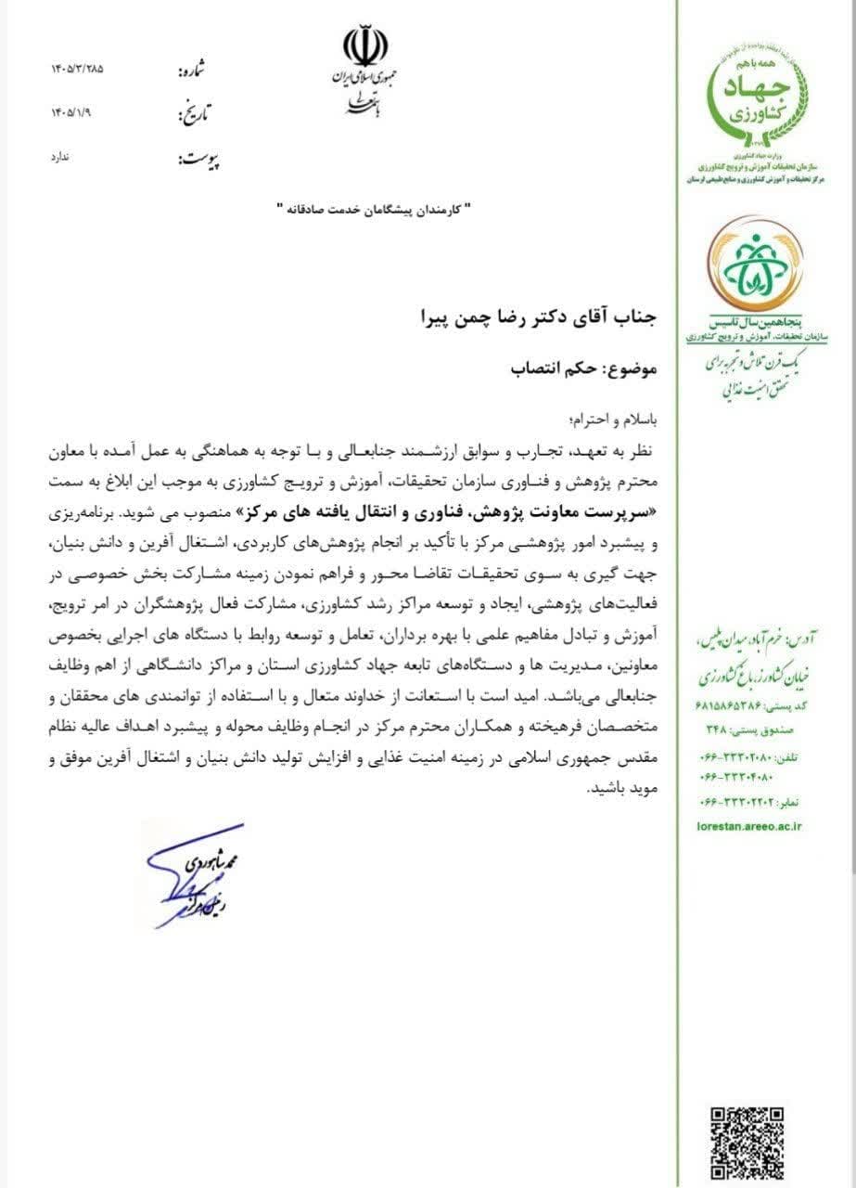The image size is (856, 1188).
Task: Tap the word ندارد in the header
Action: point(60,157)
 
